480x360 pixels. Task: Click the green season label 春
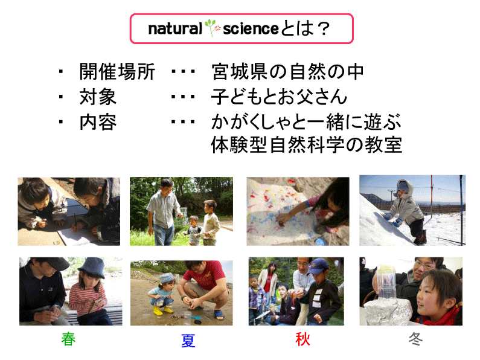pos(68,339)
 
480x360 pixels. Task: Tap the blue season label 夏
pos(188,341)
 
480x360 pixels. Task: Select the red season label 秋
pos(302,339)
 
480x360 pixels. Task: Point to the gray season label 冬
pos(416,339)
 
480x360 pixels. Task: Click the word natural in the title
pos(175,29)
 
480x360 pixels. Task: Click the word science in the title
pos(251,29)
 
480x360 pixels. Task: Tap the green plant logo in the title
pos(213,28)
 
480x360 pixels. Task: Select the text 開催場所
pos(117,72)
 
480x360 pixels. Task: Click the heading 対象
pos(98,97)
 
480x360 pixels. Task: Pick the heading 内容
pos(98,122)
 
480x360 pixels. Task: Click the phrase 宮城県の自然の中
pos(287,72)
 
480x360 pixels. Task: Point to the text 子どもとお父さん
pos(279,97)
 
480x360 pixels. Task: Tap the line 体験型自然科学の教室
pos(307,144)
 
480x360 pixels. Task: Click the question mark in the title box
pos(323,29)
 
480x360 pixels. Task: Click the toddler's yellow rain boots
pos(162,310)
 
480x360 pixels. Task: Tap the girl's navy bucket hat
pos(92,267)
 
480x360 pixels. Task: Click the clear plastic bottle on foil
pos(386,282)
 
